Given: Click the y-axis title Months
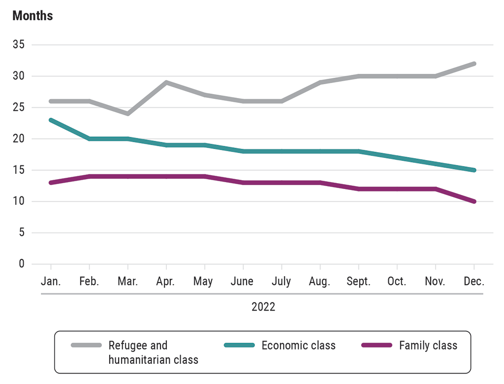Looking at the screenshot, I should point(32,16).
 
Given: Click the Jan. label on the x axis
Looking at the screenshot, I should point(51,282).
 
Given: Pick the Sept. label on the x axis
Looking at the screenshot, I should point(358,282).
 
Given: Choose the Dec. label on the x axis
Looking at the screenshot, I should point(474,282).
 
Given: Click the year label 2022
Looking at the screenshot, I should point(263,307).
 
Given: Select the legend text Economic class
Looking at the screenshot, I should point(298,345).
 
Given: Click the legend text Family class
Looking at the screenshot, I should point(428,345).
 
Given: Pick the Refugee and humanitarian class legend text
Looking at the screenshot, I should point(153,352).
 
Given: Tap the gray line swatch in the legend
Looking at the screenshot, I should point(86,345).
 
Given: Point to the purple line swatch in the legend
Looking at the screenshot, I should point(377,345).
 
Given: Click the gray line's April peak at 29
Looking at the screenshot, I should point(166,82).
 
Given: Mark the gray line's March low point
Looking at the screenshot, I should point(128,114).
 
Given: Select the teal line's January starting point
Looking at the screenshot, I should point(51,120).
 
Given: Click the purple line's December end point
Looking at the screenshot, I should point(474,201).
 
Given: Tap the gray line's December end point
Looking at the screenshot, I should point(474,64).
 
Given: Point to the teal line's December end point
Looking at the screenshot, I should point(474,170).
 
